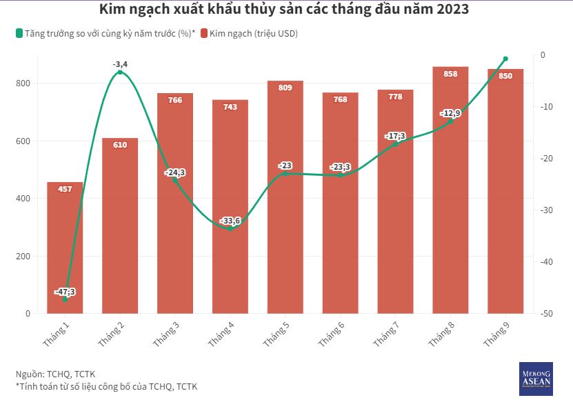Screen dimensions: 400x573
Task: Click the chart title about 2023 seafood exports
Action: [x=286, y=10]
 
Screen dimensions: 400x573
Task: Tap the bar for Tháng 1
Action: [x=65, y=248]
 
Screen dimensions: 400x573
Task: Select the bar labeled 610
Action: [x=120, y=228]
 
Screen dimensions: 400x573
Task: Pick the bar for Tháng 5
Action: [x=285, y=200]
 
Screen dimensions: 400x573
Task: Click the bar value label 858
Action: [x=450, y=74]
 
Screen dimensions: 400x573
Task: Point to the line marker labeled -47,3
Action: [x=65, y=299]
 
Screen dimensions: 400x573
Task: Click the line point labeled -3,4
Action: [x=120, y=72]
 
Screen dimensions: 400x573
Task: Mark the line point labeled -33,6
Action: [x=230, y=228]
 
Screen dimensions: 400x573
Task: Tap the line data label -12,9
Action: [x=450, y=113]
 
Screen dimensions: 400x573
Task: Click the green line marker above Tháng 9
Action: [x=505, y=59]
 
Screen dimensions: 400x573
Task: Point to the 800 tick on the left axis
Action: [x=23, y=83]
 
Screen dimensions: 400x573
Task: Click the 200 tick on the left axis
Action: [x=23, y=257]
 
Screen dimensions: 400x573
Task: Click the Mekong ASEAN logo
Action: [x=536, y=379]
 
